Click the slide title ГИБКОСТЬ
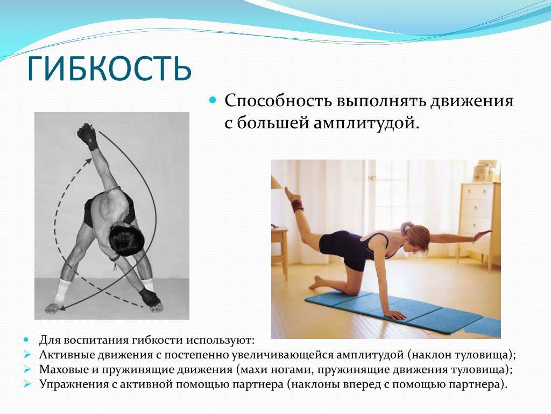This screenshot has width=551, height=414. coord(109,68)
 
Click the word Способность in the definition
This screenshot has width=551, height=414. coord(278,101)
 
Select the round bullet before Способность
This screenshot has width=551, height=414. coord(212,100)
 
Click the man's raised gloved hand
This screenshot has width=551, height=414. coord(87,135)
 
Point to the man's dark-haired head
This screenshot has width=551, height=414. coord(126,238)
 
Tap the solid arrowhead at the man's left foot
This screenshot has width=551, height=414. coord(62,307)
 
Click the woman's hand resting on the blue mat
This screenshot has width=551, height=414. coord(394,314)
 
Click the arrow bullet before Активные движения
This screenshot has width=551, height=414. coord(27,354)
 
